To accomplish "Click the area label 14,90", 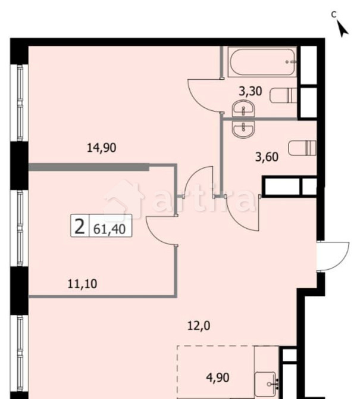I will [x=101, y=149].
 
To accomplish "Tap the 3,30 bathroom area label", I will [x=249, y=92].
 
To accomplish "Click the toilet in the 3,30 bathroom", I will [x=283, y=95].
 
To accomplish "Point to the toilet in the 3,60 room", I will [x=300, y=146].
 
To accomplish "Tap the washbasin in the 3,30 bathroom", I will [x=243, y=110].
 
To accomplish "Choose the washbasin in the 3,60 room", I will [x=243, y=128].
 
